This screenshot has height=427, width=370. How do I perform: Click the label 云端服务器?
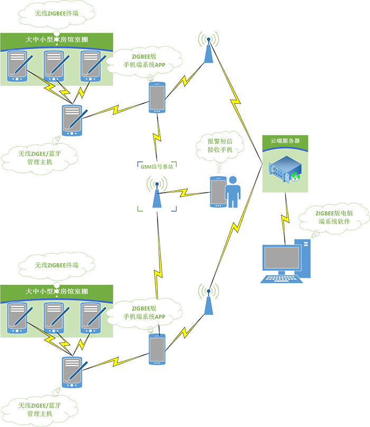tap(285, 141)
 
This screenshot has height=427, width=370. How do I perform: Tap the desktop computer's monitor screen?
tap(282, 258)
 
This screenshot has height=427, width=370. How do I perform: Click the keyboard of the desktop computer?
tap(281, 279)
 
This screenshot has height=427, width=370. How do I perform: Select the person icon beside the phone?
tap(233, 194)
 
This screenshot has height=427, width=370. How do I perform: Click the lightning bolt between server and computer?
tap(285, 217)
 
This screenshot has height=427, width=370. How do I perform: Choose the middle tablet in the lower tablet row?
tap(54, 318)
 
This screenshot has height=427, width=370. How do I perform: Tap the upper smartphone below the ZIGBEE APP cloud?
tap(156, 97)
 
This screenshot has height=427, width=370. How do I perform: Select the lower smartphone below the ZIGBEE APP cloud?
tap(156, 350)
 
